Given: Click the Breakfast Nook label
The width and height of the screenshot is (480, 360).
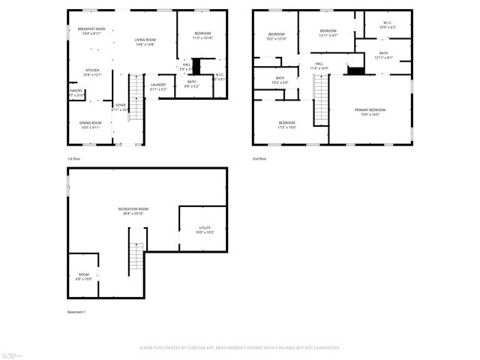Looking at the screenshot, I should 91,31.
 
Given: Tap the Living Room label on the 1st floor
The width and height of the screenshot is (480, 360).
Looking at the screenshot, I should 145,42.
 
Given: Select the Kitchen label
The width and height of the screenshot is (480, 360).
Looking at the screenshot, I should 91,73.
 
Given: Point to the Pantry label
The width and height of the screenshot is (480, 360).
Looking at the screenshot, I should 76,93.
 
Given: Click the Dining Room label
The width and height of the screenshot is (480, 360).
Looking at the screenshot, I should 91,124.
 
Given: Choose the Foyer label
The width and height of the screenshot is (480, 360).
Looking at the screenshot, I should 120,106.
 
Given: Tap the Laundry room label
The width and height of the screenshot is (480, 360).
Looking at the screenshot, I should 157,86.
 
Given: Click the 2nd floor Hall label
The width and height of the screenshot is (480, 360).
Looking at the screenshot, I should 319,66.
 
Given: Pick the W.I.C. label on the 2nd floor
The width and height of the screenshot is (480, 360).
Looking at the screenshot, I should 387,25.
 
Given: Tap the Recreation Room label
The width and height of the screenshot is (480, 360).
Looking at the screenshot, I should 133,211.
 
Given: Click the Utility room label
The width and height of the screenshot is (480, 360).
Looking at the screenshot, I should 204,229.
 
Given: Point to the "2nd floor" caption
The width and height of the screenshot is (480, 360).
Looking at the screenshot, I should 259,159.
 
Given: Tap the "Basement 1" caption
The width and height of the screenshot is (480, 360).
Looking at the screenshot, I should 76,311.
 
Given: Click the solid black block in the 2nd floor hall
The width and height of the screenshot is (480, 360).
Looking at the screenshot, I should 355,71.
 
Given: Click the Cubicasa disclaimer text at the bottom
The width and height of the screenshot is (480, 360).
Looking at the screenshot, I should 240,347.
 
